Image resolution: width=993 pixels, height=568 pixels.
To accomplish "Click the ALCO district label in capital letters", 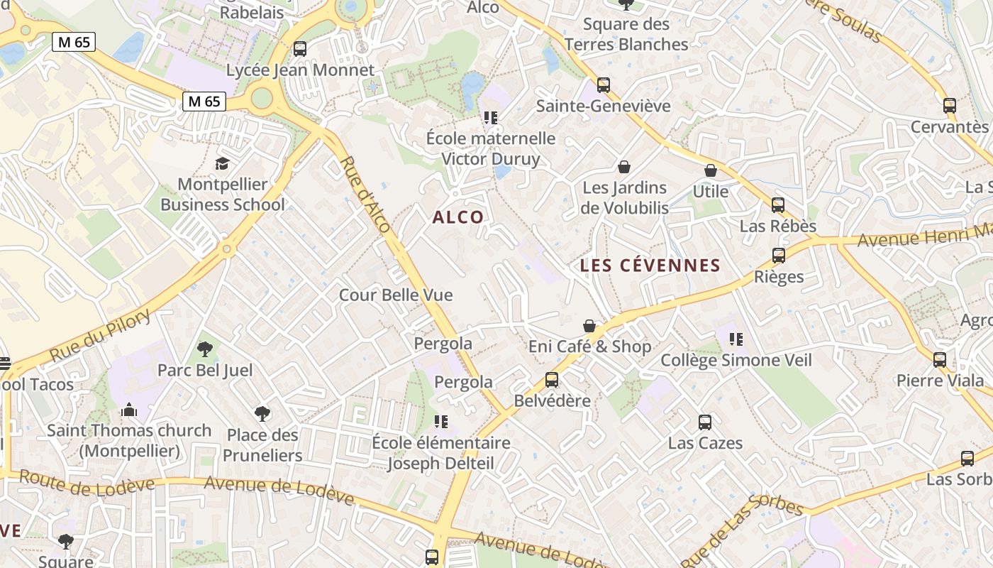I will pyautogui.click(x=458, y=217).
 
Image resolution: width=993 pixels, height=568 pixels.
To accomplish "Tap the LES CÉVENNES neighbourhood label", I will pyautogui.click(x=650, y=266).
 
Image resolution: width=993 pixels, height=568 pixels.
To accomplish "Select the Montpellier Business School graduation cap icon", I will pyautogui.click(x=223, y=164).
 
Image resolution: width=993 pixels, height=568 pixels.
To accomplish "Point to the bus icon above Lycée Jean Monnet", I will pyautogui.click(x=300, y=49).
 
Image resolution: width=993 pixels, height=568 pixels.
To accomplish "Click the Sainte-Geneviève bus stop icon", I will pyautogui.click(x=604, y=85).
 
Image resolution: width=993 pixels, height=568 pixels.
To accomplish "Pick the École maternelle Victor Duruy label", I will pyautogui.click(x=491, y=148).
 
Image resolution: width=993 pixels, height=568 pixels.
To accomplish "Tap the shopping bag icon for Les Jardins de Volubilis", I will pyautogui.click(x=624, y=167).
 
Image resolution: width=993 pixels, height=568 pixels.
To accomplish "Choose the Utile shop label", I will pyautogui.click(x=710, y=192).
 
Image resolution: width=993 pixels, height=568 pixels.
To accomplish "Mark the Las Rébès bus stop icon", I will pyautogui.click(x=778, y=205).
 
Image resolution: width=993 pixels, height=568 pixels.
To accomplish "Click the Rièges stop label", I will pyautogui.click(x=779, y=277).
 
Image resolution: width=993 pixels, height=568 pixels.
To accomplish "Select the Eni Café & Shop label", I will pyautogui.click(x=589, y=346).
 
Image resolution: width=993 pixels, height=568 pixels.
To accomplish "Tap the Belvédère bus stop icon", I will pyautogui.click(x=552, y=380).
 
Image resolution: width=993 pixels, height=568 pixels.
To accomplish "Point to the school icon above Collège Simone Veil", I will pyautogui.click(x=736, y=339).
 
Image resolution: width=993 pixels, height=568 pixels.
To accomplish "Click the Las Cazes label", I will pyautogui.click(x=705, y=443).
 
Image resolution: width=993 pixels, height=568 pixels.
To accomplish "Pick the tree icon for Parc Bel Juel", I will pyautogui.click(x=205, y=349).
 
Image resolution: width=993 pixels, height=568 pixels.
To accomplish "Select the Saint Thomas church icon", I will pyautogui.click(x=128, y=410).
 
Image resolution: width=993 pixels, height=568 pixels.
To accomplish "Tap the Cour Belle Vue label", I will pyautogui.click(x=396, y=295).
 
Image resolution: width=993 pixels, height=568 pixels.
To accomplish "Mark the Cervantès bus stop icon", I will pyautogui.click(x=950, y=106).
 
